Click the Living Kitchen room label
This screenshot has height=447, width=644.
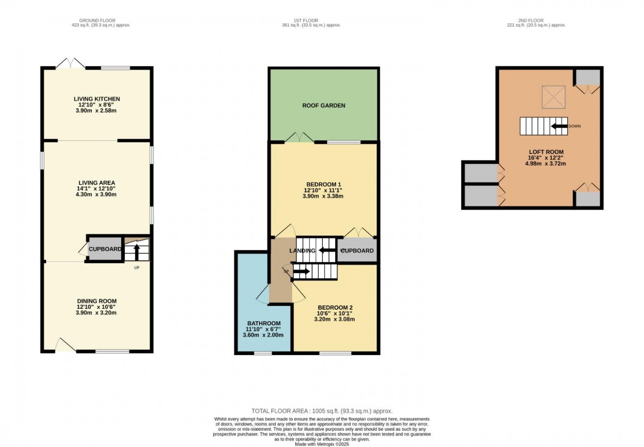coord(97,99)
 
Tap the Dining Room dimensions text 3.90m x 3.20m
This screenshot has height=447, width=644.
coord(97,312)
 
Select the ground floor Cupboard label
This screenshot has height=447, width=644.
coord(105,249)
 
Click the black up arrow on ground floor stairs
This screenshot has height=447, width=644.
coord(136,252)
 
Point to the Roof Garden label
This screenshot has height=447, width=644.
coord(324,106)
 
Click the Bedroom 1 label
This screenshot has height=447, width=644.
coord(323,185)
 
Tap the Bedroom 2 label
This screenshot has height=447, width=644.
coord(334,307)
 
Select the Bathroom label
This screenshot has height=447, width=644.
coord(264,323)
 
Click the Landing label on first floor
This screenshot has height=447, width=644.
coord(302,251)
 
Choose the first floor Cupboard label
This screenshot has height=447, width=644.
coord(357,251)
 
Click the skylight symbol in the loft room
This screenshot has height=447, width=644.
coord(553,97)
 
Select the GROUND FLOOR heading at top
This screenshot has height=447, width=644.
coord(97,20)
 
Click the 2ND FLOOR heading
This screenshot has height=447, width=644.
coord(530,20)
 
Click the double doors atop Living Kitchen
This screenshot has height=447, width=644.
coord(71,64)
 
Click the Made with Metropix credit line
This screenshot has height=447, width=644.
coord(322,444)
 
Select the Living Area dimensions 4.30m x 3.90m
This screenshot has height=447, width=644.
coord(97,194)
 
